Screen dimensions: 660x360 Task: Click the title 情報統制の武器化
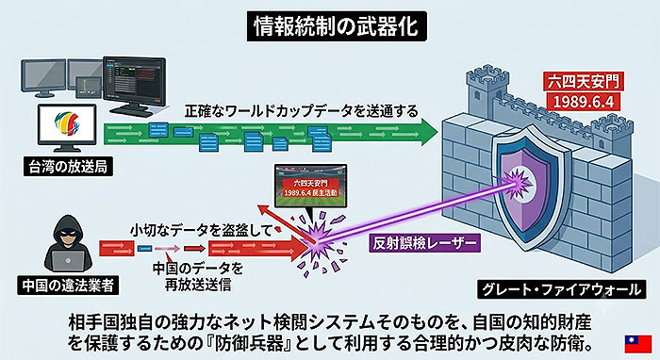(x=337, y=26)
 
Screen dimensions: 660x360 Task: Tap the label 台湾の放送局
(x=68, y=167)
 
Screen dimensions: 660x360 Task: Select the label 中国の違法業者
(x=68, y=286)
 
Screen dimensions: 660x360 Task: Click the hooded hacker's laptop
(x=68, y=261)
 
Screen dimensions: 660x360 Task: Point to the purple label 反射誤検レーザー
(x=424, y=243)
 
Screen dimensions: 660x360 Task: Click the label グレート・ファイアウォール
(x=561, y=289)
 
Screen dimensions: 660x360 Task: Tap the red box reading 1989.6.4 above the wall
(x=584, y=102)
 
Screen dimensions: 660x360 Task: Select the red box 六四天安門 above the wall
(x=584, y=81)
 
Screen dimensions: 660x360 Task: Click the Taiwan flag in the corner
(x=637, y=344)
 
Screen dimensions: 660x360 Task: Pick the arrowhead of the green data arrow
(x=428, y=132)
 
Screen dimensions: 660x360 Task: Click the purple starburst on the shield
(x=518, y=183)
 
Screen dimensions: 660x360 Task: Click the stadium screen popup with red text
(x=310, y=186)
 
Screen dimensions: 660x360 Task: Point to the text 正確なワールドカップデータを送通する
(x=302, y=111)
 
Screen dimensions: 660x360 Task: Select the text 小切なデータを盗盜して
(x=202, y=230)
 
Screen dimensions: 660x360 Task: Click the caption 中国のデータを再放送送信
(x=198, y=276)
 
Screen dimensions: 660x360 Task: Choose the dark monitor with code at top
(x=134, y=82)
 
